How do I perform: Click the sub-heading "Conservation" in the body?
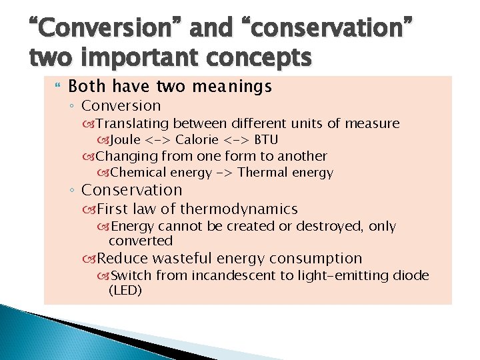131,190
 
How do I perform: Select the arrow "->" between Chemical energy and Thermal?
220,173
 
